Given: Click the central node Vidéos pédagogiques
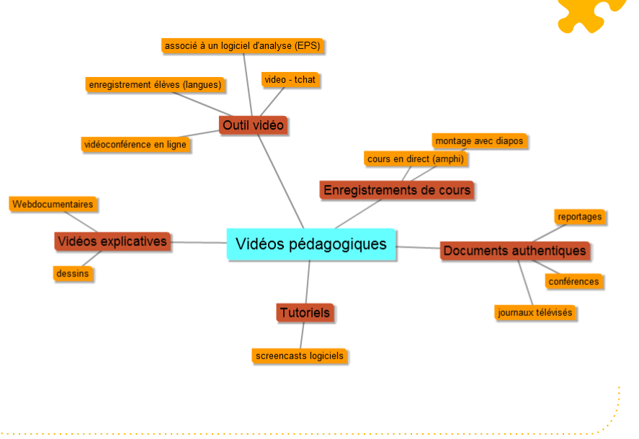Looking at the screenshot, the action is click(311, 244).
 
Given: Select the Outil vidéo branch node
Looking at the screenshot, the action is click(253, 125).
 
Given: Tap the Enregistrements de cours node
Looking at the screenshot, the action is click(396, 190).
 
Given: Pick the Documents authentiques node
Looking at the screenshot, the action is click(514, 250).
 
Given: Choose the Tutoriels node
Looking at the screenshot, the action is click(305, 312).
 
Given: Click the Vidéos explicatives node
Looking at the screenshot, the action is click(112, 241).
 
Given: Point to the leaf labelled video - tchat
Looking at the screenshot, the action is click(290, 79).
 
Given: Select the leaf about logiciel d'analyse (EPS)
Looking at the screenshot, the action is click(241, 45).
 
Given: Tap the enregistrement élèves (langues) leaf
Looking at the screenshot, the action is click(155, 84).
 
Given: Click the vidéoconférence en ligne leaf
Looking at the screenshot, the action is click(135, 144).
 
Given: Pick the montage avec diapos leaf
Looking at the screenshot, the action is click(479, 140).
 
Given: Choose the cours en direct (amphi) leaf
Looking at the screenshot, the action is click(415, 158).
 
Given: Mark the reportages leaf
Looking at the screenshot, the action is click(579, 216).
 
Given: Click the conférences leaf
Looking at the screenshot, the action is click(573, 281).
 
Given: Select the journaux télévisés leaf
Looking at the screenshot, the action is click(535, 312).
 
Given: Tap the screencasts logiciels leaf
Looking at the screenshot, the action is click(300, 356).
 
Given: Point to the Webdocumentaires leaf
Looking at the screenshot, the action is click(53, 204).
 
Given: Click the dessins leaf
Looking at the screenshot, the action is click(73, 273).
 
